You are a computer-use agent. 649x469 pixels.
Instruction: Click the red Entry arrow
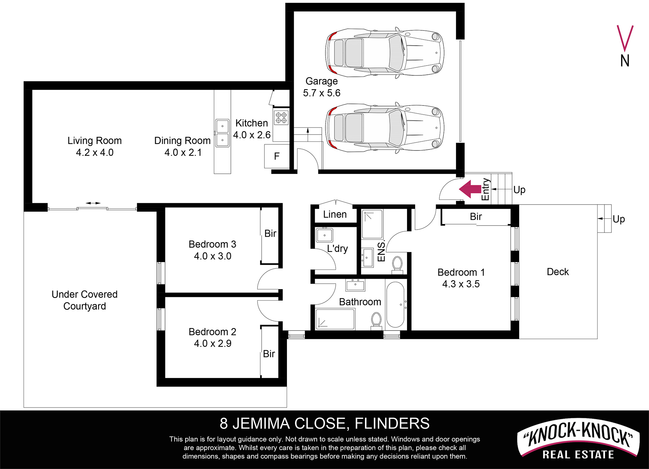click(470, 189)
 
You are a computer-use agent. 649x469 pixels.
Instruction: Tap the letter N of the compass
click(625, 61)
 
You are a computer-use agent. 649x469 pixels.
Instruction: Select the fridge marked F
click(277, 156)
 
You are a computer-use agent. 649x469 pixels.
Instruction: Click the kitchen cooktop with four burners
click(281, 117)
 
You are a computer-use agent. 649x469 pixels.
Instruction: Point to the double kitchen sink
click(222, 133)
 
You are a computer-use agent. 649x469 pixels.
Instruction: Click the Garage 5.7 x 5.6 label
click(321, 87)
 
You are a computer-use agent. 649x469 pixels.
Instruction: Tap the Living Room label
click(95, 141)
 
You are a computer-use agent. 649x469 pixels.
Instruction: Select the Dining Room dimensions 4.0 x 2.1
click(183, 153)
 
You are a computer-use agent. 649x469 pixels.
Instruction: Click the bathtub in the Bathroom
click(395, 305)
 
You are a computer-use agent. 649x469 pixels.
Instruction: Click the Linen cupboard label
click(335, 214)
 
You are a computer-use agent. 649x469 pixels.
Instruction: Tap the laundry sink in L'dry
click(324, 235)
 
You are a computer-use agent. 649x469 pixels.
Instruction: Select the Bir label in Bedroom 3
click(270, 233)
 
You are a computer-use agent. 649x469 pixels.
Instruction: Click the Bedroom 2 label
click(212, 332)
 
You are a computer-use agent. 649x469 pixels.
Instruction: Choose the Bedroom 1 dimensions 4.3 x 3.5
click(461, 284)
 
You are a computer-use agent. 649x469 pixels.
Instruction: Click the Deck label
click(558, 272)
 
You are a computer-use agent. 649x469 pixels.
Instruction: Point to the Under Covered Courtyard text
click(85, 300)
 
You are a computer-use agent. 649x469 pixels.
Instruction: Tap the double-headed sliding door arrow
click(93, 203)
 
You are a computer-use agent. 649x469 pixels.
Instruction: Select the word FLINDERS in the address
click(392, 424)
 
